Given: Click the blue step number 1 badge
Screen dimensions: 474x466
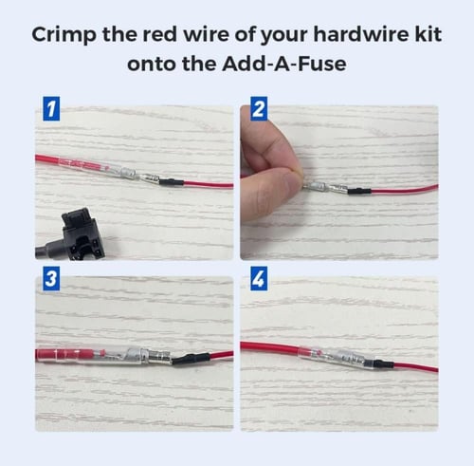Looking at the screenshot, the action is (51, 109).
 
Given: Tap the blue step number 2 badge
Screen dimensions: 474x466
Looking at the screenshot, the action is (259, 109).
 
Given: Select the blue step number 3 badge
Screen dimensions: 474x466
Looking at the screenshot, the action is (51, 278).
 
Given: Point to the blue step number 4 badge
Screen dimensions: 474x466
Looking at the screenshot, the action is (259, 278).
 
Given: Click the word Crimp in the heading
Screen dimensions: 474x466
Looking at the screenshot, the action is (64, 35).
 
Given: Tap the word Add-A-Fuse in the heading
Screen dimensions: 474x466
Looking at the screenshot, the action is (283, 64).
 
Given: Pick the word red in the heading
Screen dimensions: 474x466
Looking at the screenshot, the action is (159, 34).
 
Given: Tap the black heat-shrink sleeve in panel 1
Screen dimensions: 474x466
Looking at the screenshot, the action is (172, 182).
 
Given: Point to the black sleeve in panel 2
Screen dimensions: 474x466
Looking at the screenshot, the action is (359, 191).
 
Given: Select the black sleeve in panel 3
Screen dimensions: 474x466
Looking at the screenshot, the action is (191, 358).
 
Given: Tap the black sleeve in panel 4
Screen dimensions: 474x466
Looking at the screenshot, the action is (384, 363).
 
